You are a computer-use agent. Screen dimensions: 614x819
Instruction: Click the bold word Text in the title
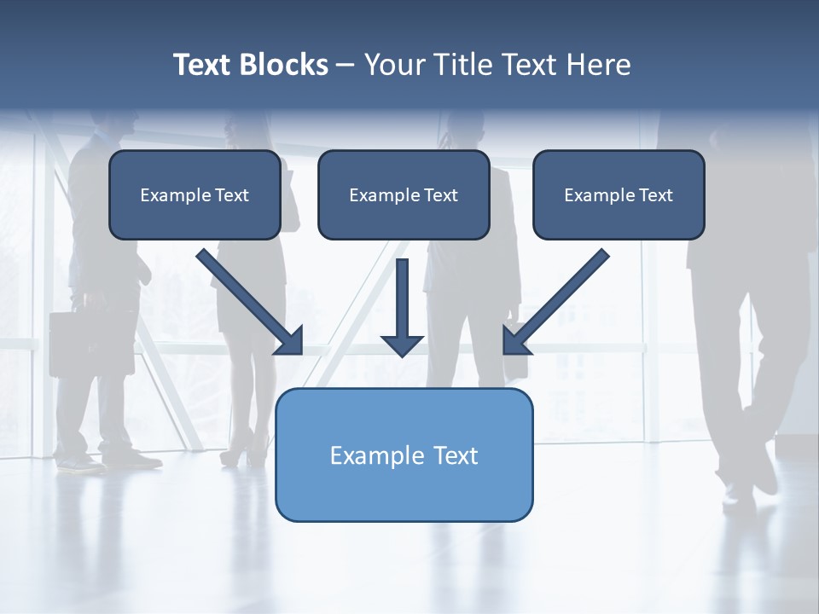[203, 65]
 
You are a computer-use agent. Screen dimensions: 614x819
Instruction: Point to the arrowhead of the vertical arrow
[403, 345]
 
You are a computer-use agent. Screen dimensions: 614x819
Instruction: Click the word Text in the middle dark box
[441, 195]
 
